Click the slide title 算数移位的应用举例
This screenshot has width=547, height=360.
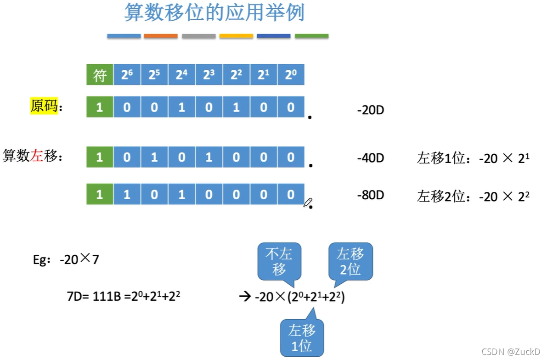[x=214, y=13]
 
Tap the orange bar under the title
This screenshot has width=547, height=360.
[x=161, y=36]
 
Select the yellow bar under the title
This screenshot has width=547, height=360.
[x=236, y=36]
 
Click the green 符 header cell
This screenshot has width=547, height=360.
[x=100, y=75]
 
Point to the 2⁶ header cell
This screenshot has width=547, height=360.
[x=127, y=75]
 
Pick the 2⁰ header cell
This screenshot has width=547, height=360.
[x=291, y=75]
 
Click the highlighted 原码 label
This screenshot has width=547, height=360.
[x=44, y=107]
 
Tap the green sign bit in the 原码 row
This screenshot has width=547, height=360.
[x=100, y=107]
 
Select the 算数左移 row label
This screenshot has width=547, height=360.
[x=32, y=156]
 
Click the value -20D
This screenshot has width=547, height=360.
[x=370, y=111]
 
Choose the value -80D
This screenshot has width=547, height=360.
[x=370, y=195]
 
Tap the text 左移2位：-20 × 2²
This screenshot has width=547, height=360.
[x=473, y=197]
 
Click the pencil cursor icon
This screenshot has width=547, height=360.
[x=308, y=202]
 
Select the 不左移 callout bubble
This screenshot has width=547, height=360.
[x=279, y=260]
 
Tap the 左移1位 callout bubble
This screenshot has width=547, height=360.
[x=302, y=337]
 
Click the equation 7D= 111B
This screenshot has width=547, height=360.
[x=123, y=297]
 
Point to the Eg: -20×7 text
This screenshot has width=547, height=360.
[x=66, y=259]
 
